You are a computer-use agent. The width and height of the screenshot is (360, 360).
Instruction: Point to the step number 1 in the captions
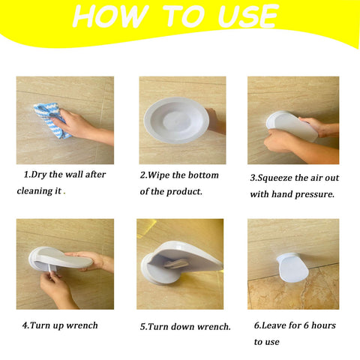26,175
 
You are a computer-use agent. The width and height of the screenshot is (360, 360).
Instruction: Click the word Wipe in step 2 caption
163,175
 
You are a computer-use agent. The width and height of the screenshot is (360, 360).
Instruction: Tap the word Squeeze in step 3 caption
281,178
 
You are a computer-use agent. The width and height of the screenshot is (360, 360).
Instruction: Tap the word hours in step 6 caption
320,325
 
